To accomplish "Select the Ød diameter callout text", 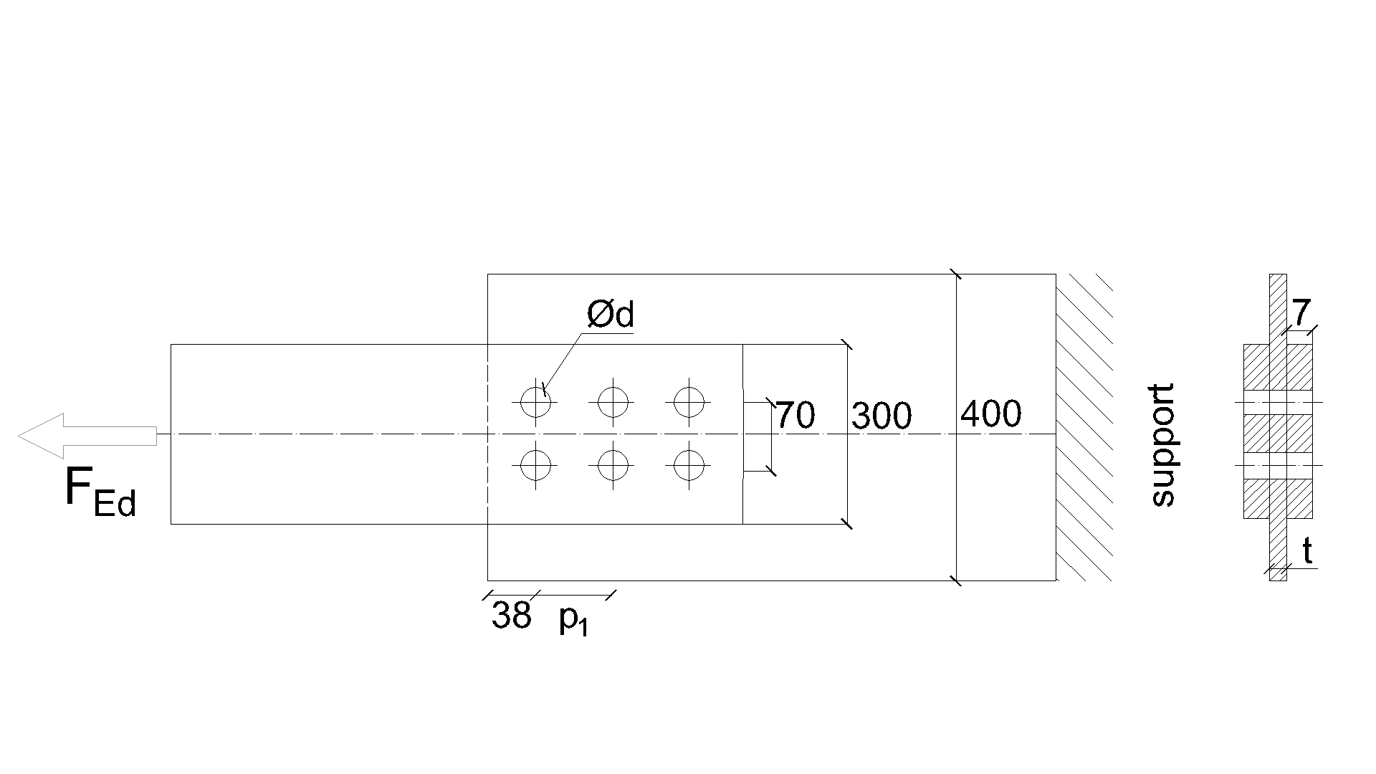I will click(611, 315).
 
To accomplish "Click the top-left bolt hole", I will click(535, 402).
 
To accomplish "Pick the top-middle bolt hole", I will click(613, 402).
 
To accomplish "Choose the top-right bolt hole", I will click(689, 402).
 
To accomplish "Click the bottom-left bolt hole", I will click(535, 466).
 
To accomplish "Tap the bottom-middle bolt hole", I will click(613, 466).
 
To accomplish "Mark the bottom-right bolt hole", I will click(689, 466).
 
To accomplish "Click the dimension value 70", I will click(795, 416).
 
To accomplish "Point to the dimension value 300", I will click(881, 416).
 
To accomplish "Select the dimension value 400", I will click(991, 414).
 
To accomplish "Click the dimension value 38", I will click(511, 615).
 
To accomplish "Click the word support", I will click(1162, 446).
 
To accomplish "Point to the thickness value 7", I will click(1301, 312).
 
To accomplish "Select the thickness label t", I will click(1307, 553).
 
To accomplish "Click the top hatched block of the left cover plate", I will click(1256, 367).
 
